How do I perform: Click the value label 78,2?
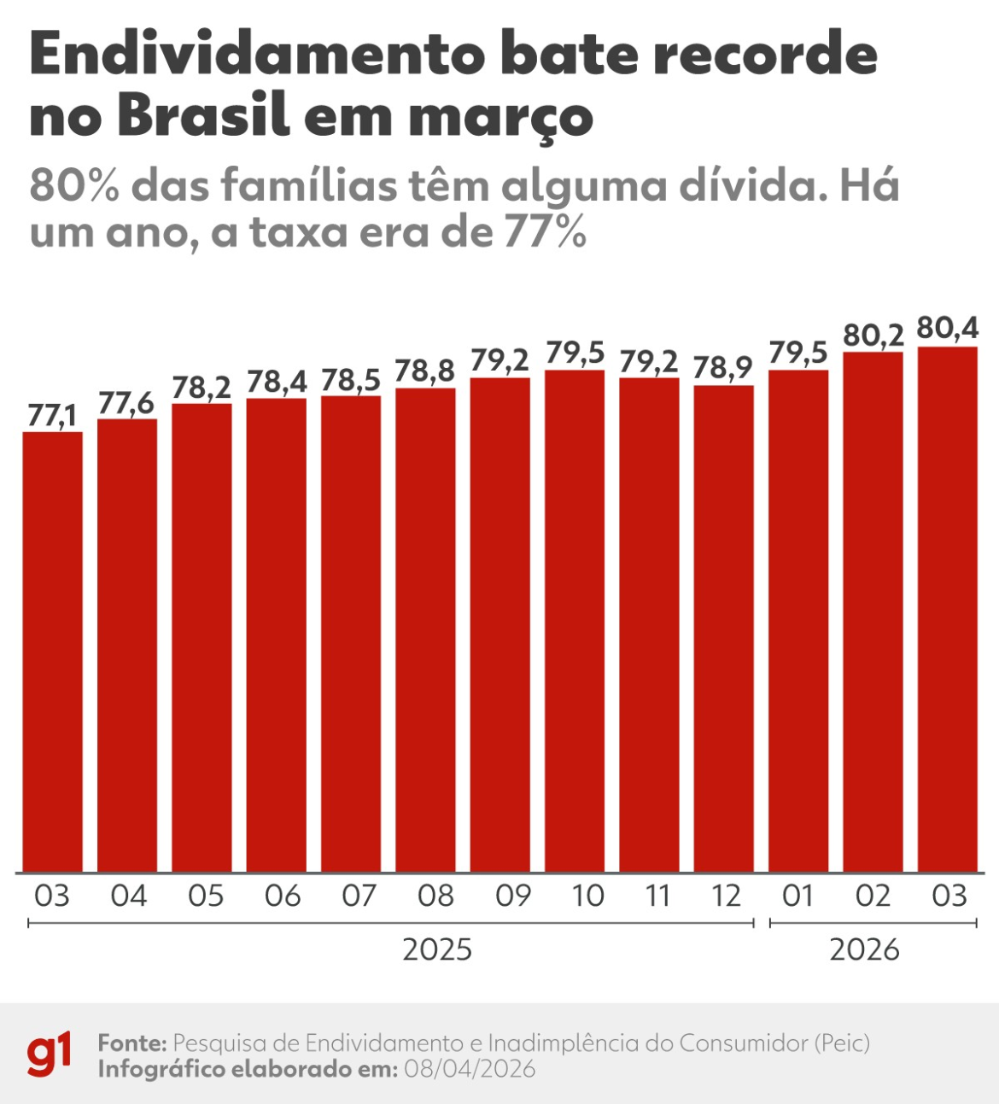(202, 387)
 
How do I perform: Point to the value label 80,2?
(873, 336)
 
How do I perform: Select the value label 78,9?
(723, 368)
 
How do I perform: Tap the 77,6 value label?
(126, 403)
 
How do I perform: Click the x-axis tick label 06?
(282, 896)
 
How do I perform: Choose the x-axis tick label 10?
(587, 896)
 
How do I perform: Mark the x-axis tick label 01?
(797, 896)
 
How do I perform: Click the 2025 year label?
(437, 949)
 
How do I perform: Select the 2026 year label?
(864, 949)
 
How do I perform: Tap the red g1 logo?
(49, 1055)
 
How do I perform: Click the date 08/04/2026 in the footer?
(470, 1069)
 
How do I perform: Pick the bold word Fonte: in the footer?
(131, 1043)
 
